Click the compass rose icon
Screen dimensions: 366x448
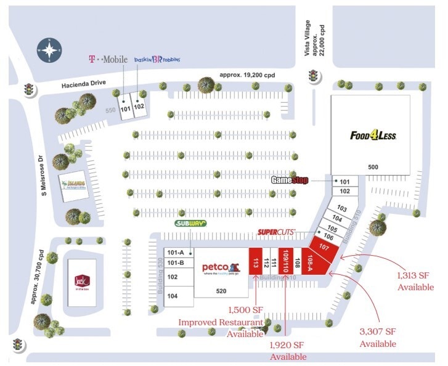(49, 51)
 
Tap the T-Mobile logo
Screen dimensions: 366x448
(108, 59)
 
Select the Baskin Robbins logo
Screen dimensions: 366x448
(157, 59)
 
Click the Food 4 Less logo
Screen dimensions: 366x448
(373, 136)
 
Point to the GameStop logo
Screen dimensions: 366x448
(290, 180)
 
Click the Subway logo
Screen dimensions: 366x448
(190, 224)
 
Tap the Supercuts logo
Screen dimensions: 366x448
(277, 232)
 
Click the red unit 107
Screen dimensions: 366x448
(325, 246)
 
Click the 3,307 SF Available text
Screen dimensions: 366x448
(378, 338)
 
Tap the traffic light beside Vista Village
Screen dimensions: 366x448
(313, 76)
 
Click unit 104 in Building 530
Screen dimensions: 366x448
(173, 296)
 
